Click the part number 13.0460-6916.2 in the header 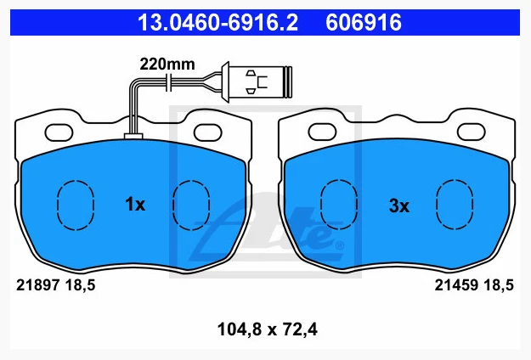(x=217, y=23)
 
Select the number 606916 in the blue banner (x=364, y=23)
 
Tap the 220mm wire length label (x=167, y=64)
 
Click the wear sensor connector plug (x=257, y=82)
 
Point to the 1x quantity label (x=135, y=205)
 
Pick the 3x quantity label (x=399, y=205)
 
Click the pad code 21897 (x=38, y=285)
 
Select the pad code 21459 (x=456, y=285)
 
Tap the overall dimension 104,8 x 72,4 (x=268, y=329)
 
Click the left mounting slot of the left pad (x=59, y=132)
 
